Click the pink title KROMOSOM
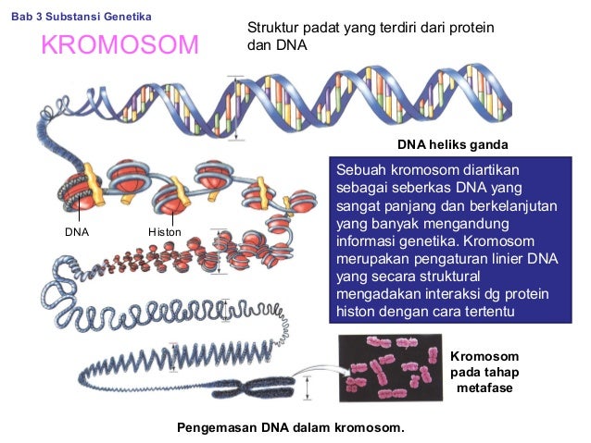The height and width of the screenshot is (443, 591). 119,44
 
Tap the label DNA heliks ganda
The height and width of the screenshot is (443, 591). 453,145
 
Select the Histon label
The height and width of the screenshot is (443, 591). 165,231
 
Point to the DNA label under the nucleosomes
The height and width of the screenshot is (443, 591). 76,231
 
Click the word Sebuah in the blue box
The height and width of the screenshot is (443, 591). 359,171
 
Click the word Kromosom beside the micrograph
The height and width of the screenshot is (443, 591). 484,356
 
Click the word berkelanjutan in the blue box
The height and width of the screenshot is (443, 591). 513,206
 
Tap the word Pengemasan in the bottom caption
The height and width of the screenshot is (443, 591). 214,429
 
